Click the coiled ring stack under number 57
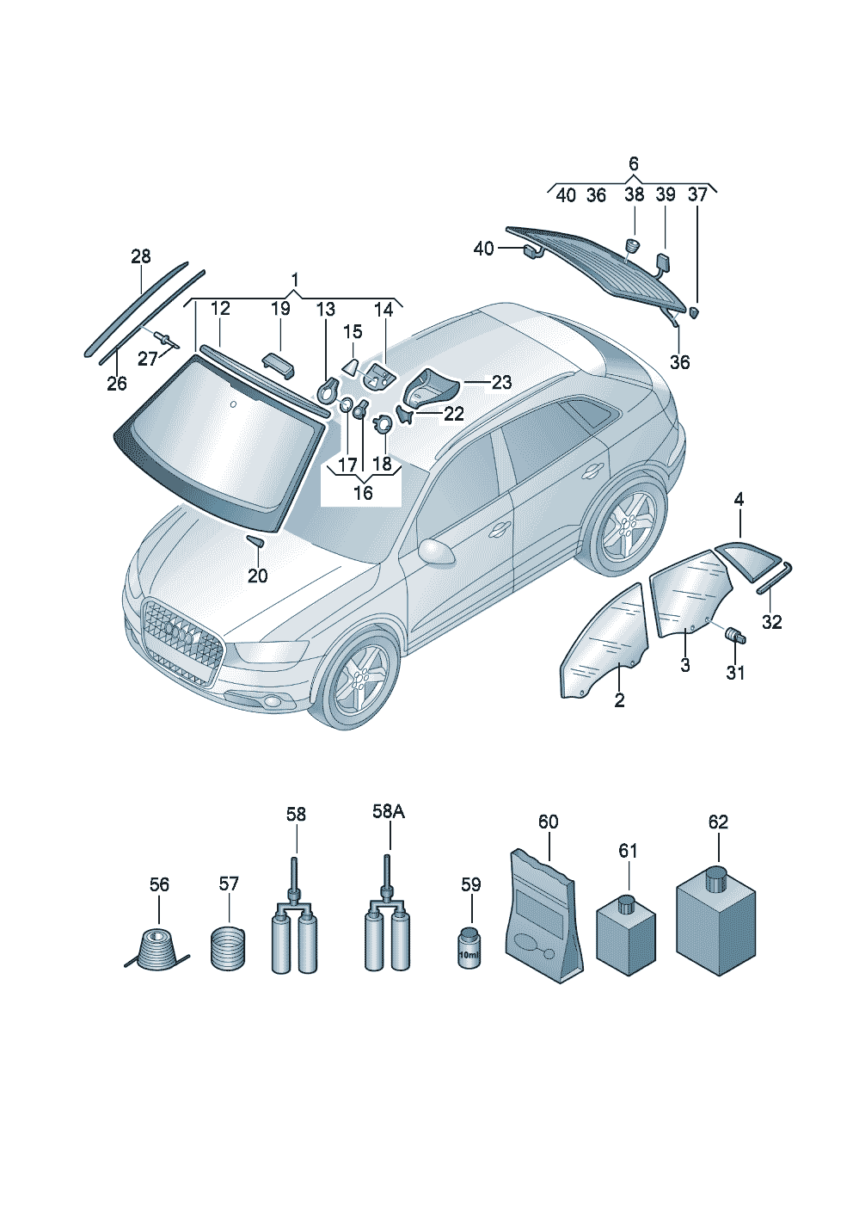click(x=228, y=948)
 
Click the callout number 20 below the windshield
click(x=257, y=576)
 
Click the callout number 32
click(x=771, y=622)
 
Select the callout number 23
click(x=502, y=383)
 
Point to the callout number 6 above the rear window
click(x=633, y=163)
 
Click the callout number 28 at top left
click(x=141, y=256)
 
